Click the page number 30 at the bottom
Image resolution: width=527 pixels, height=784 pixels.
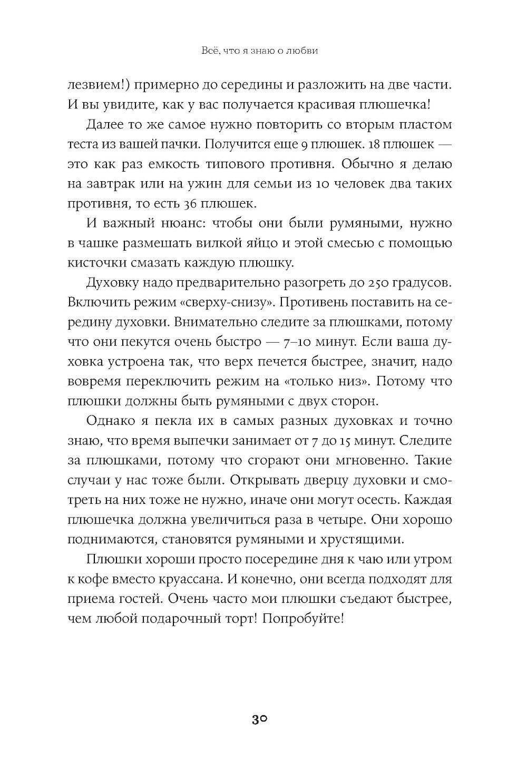[260, 719]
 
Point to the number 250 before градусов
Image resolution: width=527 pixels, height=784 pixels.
[370, 283]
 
